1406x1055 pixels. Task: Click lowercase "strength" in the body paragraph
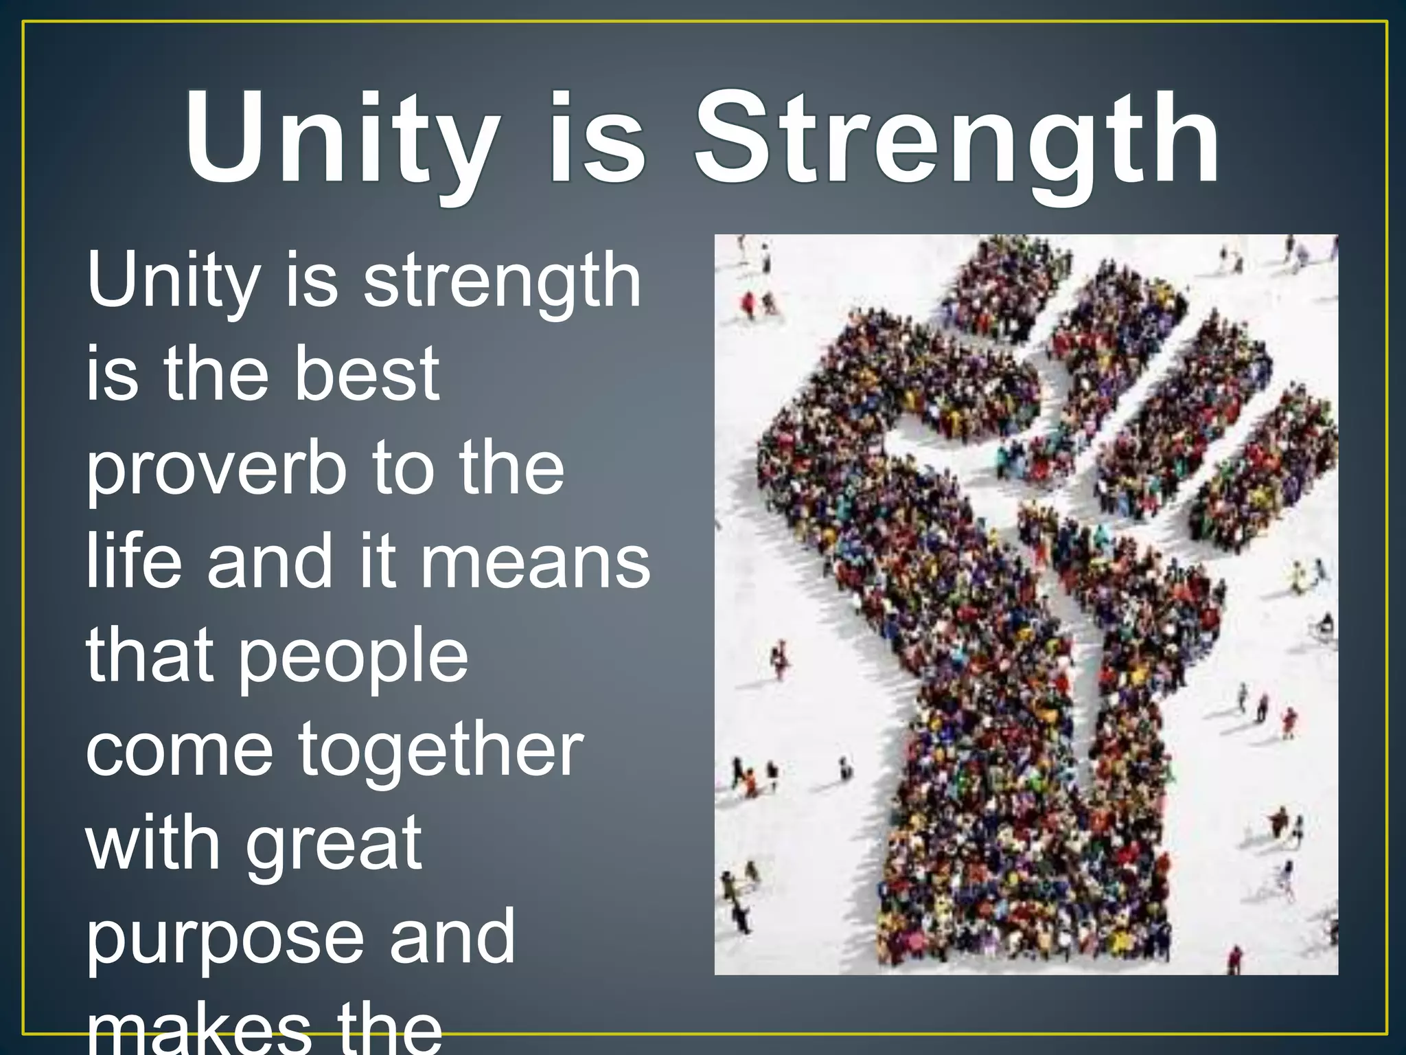click(x=502, y=282)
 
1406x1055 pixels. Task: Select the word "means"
click(x=535, y=563)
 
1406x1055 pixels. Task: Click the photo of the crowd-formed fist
click(x=1026, y=604)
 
